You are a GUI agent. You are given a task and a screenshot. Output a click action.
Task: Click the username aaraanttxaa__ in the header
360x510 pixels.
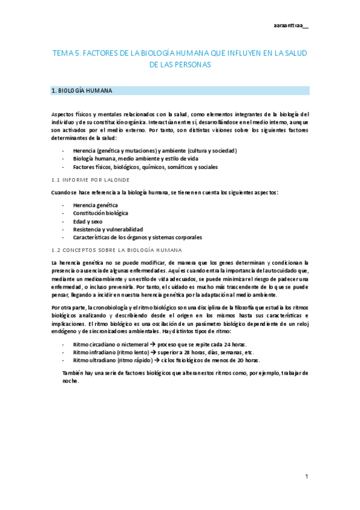[x=290, y=25]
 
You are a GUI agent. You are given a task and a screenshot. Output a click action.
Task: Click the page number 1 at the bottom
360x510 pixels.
[x=306, y=477]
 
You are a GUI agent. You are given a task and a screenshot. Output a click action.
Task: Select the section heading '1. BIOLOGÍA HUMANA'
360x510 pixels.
[x=82, y=91]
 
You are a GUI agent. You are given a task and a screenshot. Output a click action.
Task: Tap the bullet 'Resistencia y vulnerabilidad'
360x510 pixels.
[x=108, y=229]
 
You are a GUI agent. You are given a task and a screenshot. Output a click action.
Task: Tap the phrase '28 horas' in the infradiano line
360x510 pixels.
[x=185, y=352]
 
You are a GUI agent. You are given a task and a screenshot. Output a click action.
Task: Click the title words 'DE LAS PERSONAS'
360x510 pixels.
[x=180, y=64]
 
